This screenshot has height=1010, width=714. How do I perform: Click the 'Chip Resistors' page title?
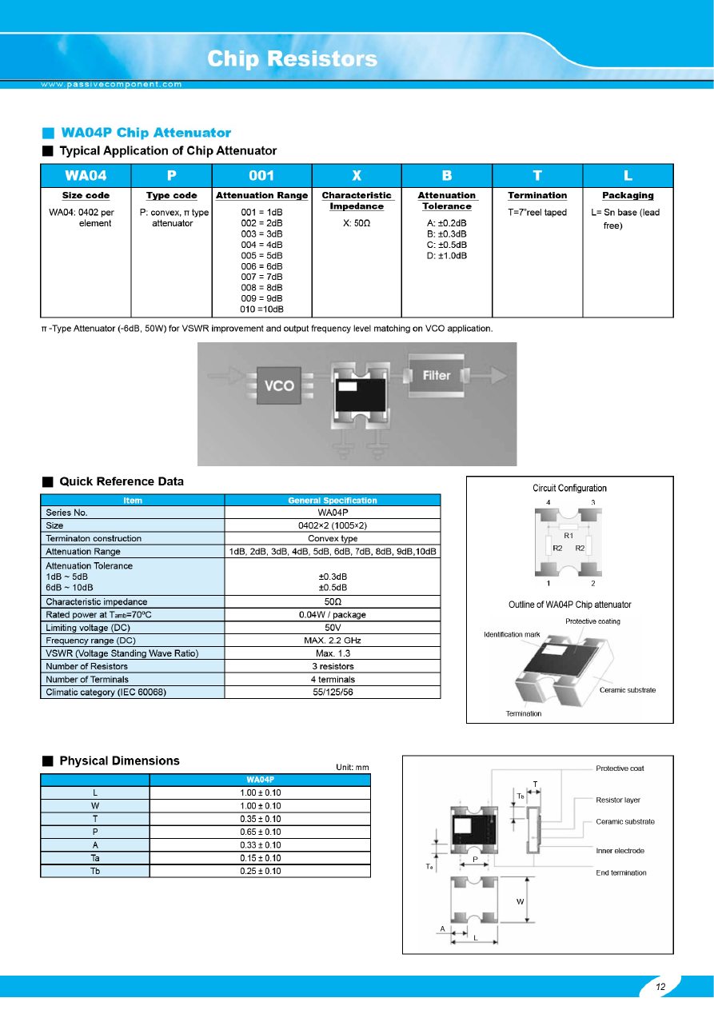coord(292,59)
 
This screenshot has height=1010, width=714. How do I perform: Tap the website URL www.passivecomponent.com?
coord(112,84)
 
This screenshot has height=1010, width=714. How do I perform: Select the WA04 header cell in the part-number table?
coord(86,176)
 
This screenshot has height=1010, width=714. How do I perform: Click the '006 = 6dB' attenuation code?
coord(261,266)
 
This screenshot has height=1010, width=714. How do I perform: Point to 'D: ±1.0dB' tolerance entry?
coord(447,255)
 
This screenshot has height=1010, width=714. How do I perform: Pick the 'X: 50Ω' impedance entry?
coord(357,223)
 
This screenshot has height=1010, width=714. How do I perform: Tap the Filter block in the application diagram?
coord(437,375)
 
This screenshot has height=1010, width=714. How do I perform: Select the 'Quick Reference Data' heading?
coord(122,481)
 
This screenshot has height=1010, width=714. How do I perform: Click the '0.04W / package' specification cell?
coord(332,615)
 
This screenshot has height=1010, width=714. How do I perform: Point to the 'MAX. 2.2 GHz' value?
coord(332,641)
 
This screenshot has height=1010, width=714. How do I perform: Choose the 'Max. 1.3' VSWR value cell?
coord(332,653)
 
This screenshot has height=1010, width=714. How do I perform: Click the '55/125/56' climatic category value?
coord(332,692)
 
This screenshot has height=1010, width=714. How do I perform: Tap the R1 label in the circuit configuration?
coord(568,535)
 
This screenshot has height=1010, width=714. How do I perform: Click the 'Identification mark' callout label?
coord(513,634)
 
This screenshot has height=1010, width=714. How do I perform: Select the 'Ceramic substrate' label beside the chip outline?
coord(628,690)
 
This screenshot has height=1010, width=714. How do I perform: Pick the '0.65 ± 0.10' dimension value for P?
coord(260,832)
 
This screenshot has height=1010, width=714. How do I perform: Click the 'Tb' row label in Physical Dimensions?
coord(95,871)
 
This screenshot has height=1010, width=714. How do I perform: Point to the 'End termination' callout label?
coord(621,872)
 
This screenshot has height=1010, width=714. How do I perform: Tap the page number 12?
coord(660,987)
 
